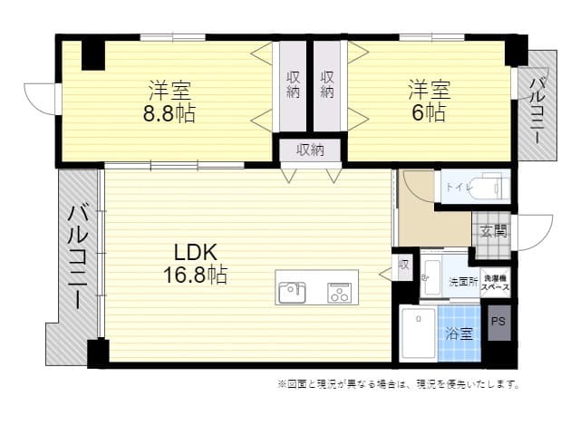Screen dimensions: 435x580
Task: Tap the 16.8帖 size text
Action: tap(195, 274)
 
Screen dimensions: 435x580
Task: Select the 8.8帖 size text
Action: tap(170, 113)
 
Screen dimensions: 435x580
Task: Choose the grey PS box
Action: tap(498, 322)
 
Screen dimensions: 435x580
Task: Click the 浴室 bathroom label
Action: tap(459, 333)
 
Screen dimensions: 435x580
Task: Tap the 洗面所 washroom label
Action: tap(463, 282)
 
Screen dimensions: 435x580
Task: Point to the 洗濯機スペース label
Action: tap(495, 282)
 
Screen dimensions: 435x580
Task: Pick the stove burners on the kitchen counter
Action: tap(340, 292)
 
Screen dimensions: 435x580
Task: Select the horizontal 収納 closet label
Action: tap(309, 150)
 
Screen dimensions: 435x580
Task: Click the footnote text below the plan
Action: tap(399, 384)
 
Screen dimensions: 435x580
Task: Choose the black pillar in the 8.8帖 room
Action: tap(92, 54)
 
